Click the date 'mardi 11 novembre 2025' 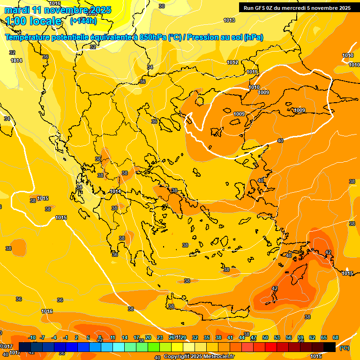[x=58, y=10]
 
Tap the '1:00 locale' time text [x=33, y=21]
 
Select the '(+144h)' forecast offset [x=83, y=21]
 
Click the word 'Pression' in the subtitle [x=203, y=37]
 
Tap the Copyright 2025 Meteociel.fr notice [x=198, y=357]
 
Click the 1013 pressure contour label [x=229, y=20]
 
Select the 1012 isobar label [x=232, y=62]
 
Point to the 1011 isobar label [x=252, y=72]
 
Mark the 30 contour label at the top [x=162, y=6]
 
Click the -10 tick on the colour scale [x=32, y=338]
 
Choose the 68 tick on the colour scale [x=336, y=338]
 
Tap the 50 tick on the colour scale [x=265, y=338]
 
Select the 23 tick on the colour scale [x=160, y=338]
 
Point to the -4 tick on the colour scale [x=54, y=338]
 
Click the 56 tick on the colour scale [x=289, y=338]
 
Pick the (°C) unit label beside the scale [x=345, y=347]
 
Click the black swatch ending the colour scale [x=330, y=347]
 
